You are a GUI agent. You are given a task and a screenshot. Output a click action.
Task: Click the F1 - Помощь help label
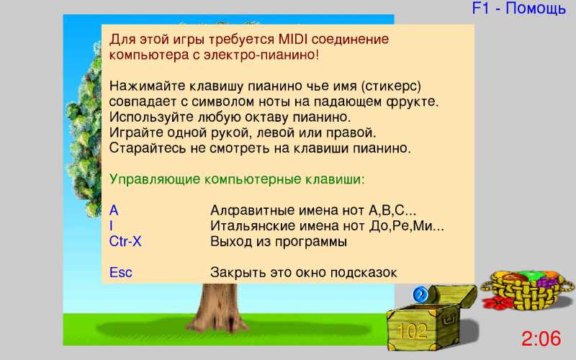[x=518, y=9]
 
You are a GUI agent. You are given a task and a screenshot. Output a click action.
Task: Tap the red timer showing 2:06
[x=541, y=338]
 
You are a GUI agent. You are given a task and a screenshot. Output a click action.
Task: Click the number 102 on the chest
[x=412, y=331]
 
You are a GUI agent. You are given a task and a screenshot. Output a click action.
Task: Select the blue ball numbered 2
[x=420, y=294]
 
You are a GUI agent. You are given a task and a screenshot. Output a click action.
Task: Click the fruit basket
[x=527, y=289]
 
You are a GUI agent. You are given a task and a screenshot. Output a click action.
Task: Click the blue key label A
[x=114, y=210]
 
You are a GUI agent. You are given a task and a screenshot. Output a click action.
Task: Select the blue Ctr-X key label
[x=125, y=241]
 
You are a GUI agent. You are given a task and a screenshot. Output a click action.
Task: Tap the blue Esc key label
[x=120, y=273]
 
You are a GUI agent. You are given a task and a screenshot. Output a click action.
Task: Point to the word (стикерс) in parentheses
[x=391, y=86]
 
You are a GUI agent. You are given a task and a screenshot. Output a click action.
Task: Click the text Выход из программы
[x=279, y=242]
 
